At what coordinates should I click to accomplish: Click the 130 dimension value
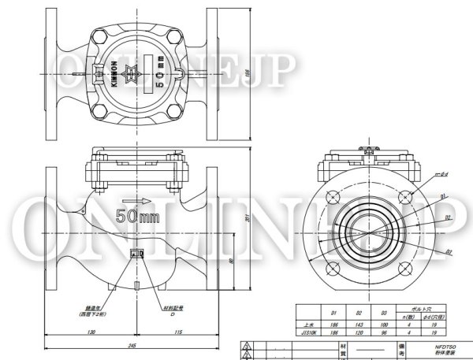[93, 332]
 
